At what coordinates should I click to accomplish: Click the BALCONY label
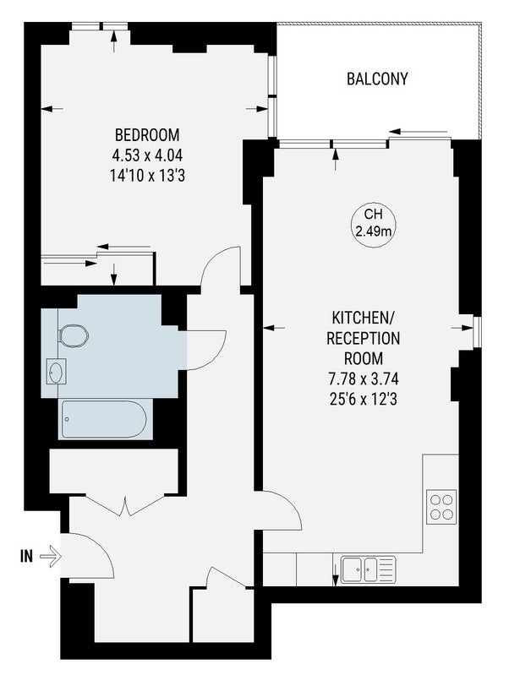377,79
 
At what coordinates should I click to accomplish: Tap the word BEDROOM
147,135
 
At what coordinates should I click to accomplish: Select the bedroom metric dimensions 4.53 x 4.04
147,155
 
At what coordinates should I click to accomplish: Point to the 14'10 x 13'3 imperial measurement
147,176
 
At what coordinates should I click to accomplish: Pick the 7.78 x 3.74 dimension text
364,378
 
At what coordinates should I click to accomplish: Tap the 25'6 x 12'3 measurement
364,399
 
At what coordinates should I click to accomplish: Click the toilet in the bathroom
74,335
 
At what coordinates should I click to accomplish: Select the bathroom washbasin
57,372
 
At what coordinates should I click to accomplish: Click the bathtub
104,419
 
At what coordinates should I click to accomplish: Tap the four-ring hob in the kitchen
441,507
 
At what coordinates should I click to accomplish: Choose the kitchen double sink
368,569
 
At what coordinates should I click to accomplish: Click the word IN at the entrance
27,557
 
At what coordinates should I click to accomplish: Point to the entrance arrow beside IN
51,557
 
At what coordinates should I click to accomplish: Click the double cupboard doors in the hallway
125,504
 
